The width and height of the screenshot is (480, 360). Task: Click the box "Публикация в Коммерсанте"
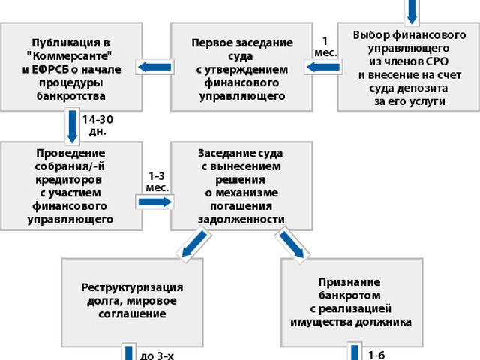(71, 67)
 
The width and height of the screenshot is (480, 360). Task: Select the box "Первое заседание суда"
(241, 67)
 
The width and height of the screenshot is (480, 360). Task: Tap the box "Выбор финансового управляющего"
(409, 67)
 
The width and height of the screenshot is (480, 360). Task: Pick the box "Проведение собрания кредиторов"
(71, 186)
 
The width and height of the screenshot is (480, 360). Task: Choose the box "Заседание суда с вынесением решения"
(241, 186)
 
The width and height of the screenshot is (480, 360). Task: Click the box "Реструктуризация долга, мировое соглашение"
(132, 302)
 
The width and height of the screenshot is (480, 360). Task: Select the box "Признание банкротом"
(352, 302)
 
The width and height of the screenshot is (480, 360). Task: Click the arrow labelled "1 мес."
(323, 67)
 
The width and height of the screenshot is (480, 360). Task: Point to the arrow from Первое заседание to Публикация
(154, 67)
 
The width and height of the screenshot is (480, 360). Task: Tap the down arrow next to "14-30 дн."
(72, 127)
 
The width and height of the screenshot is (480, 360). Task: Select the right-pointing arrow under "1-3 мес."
(155, 202)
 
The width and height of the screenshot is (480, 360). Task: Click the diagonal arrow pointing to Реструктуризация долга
(194, 244)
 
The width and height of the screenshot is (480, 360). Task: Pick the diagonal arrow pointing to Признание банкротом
(292, 244)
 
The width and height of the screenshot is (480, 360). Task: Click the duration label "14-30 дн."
(97, 125)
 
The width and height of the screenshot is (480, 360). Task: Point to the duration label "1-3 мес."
(157, 181)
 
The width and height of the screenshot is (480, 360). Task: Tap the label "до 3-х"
(157, 356)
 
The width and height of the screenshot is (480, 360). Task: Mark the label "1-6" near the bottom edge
(376, 355)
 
